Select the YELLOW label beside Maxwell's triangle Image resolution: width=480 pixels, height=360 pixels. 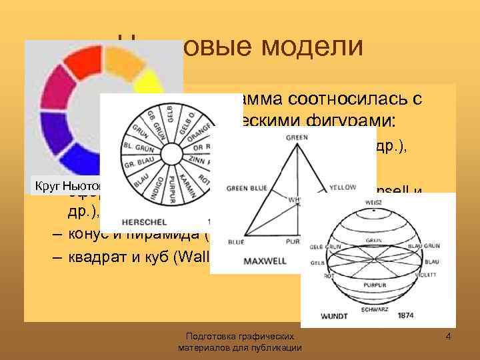(343, 188)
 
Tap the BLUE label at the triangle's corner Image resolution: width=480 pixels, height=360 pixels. (237, 242)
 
